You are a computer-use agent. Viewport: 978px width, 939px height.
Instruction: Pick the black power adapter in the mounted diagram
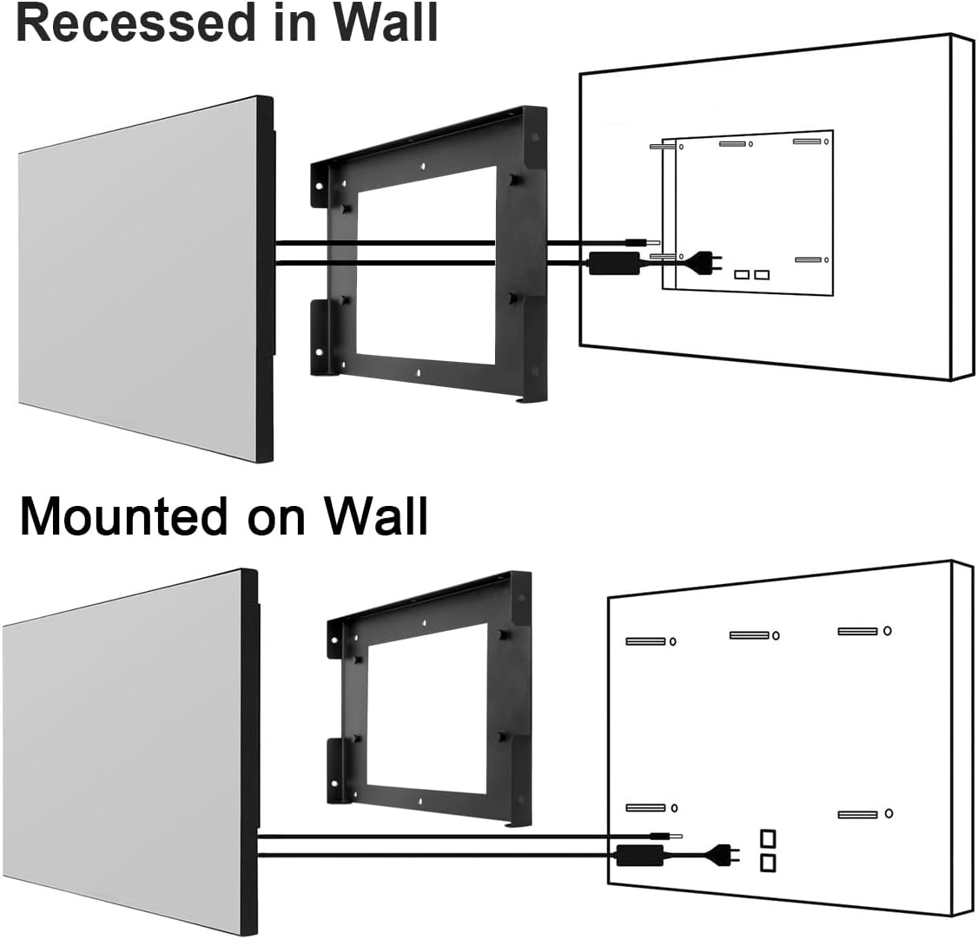639,855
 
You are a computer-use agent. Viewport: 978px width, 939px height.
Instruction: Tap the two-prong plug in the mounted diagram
725,855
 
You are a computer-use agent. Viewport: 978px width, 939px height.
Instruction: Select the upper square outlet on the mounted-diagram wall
768,839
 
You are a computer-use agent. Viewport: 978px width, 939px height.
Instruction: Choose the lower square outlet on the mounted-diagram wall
768,863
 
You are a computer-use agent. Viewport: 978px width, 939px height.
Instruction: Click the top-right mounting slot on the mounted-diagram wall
857,631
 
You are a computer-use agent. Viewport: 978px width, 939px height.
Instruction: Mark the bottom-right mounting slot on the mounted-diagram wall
857,814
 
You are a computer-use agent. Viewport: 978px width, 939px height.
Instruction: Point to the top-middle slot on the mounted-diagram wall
749,635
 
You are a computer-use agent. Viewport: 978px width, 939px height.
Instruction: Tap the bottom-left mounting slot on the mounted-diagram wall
645,808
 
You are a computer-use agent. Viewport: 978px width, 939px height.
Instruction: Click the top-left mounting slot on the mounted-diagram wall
645,641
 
